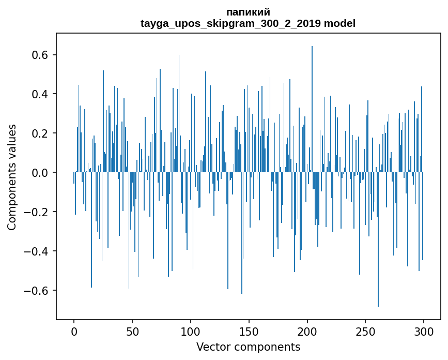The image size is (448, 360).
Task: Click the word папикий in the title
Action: pyautogui.click(x=248, y=12)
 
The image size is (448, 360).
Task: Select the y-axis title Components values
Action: pyautogui.click(x=12, y=177)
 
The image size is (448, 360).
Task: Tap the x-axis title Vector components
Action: pyautogui.click(x=248, y=347)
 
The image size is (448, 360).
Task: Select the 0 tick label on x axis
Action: pyautogui.click(x=74, y=331)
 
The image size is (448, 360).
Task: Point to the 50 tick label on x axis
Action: pyautogui.click(x=132, y=331)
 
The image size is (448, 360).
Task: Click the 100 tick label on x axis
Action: pyautogui.click(x=191, y=331)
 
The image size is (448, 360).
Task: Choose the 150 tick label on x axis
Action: pyautogui.click(x=249, y=331)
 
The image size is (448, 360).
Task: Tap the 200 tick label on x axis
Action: pyautogui.click(x=307, y=331)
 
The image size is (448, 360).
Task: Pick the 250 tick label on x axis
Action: pyautogui.click(x=366, y=331)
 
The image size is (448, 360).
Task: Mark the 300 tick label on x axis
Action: pyautogui.click(x=424, y=331)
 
